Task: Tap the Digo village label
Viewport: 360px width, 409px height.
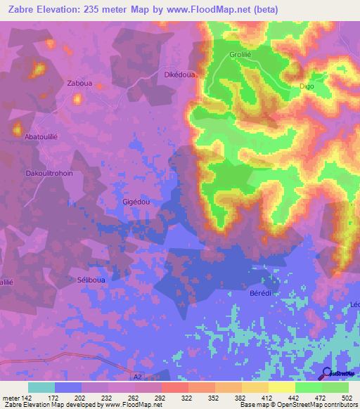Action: point(307,86)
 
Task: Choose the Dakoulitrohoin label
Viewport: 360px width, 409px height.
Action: point(49,173)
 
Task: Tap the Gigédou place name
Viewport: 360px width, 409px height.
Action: point(136,201)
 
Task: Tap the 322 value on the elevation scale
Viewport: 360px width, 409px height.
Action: point(188,398)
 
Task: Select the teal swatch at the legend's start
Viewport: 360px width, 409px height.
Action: point(41,387)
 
